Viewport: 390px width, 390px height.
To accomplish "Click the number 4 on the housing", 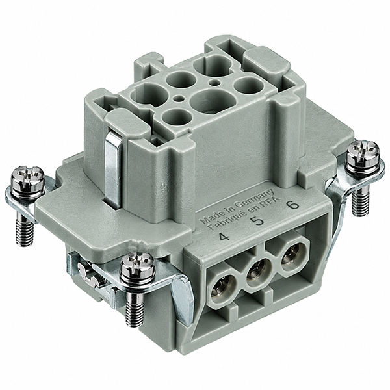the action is point(224,237).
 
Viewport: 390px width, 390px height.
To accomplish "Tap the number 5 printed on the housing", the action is point(259,220).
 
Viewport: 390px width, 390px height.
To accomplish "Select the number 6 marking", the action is point(292,205).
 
